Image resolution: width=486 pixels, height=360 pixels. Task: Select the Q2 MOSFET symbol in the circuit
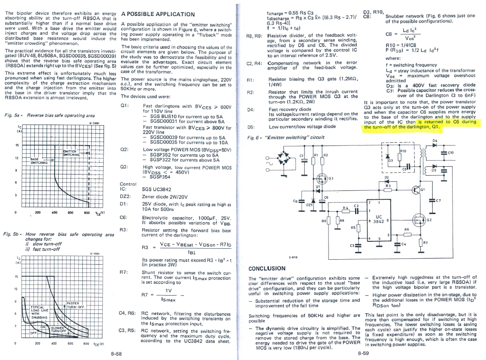click(x=419, y=221)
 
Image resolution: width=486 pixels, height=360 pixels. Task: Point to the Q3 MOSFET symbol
click(x=321, y=178)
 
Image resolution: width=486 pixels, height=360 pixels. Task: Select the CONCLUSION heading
click(x=267, y=269)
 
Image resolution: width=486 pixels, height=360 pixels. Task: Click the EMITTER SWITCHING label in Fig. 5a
click(x=73, y=152)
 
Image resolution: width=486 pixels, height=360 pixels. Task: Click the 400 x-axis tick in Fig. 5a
click(x=54, y=212)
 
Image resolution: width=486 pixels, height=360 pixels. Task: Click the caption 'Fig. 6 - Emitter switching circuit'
click(x=286, y=137)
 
